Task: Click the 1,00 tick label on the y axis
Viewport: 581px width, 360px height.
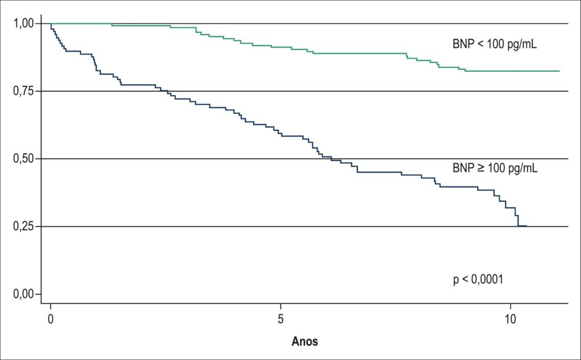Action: [24, 24]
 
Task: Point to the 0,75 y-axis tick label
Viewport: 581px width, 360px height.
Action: [24, 91]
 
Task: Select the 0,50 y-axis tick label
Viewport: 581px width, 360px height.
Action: [24, 159]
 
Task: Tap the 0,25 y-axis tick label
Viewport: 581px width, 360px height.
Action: [24, 226]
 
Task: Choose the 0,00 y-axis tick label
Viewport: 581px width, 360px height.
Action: [24, 294]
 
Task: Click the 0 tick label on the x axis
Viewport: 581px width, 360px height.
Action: [50, 319]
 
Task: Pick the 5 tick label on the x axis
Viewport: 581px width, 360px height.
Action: [281, 319]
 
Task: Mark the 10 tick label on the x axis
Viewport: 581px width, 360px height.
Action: [511, 319]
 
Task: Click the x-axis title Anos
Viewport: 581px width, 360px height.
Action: [305, 341]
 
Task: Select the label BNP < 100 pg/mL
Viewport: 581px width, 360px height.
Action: [495, 44]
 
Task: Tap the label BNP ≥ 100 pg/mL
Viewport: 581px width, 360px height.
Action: [495, 168]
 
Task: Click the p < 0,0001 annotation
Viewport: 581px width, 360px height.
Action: [478, 279]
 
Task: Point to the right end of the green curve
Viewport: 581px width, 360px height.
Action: [559, 71]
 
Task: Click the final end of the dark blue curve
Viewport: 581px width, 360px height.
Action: [527, 226]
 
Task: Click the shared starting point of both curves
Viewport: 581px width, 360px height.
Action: [50, 24]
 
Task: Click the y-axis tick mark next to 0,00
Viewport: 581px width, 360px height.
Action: [38, 294]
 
